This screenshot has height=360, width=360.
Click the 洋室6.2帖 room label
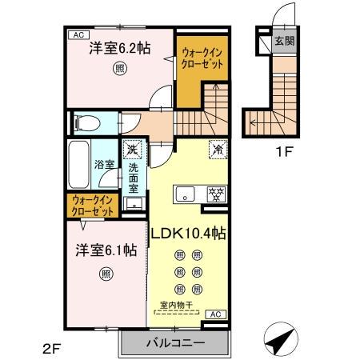tap(120, 49)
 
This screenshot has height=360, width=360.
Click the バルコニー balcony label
tap(174, 343)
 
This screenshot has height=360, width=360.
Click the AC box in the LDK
tap(215, 314)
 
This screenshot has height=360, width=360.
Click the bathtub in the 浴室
tap(79, 165)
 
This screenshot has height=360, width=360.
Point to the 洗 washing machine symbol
tap(132, 149)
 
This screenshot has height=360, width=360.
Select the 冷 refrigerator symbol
tap(215, 148)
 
